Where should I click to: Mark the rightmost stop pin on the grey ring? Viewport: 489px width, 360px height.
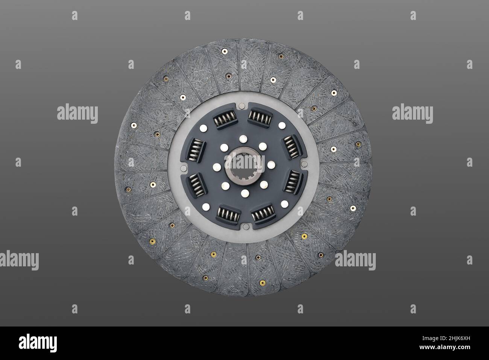(x=304, y=164)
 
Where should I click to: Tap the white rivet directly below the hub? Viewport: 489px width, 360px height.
(x=245, y=194)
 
